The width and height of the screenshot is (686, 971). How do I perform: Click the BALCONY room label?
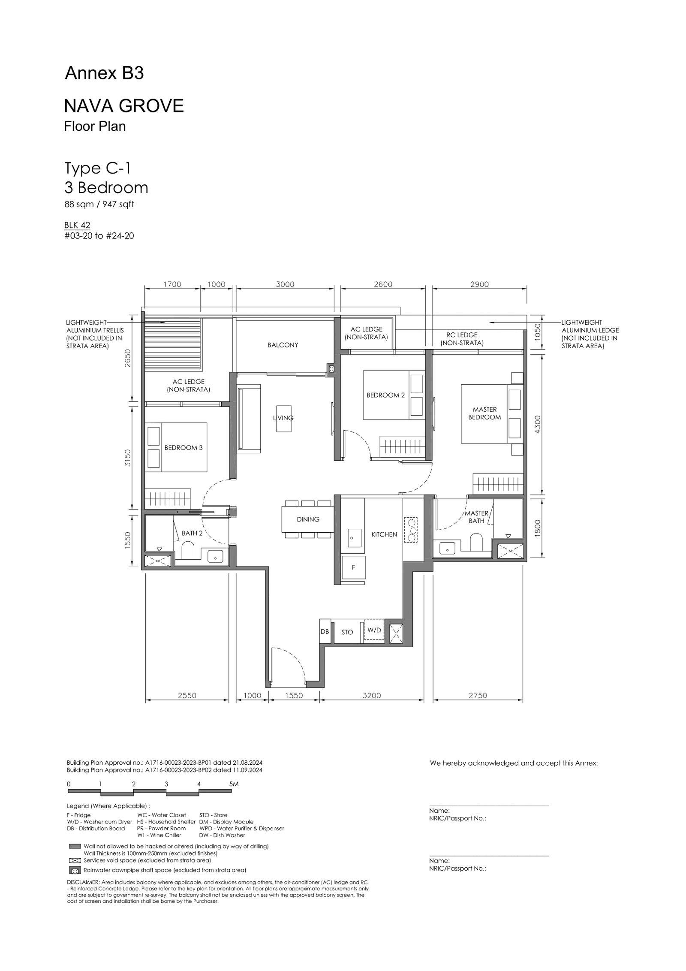coord(283,345)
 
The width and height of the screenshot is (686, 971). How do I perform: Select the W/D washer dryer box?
coord(374,630)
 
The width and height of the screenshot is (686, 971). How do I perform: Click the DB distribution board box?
coord(325,631)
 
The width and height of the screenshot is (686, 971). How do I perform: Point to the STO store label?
coord(347,632)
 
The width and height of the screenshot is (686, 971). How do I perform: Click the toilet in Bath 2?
coord(188,550)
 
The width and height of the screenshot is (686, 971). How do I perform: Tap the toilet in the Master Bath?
coord(476,542)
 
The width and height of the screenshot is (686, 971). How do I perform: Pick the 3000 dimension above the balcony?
coord(285,284)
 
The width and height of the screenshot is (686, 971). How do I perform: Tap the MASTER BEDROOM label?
coord(484,413)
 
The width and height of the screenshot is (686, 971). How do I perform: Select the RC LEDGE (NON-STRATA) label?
coord(462,339)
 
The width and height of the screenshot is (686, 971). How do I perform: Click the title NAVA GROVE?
coord(124,106)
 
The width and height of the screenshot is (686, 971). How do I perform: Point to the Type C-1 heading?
coord(97,168)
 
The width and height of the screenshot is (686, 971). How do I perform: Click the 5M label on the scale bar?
coord(234,784)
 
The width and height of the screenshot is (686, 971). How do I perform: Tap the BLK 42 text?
coord(77,225)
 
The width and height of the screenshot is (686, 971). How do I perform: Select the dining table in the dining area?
coord(308,519)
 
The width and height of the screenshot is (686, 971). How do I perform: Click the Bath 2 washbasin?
coord(215,556)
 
